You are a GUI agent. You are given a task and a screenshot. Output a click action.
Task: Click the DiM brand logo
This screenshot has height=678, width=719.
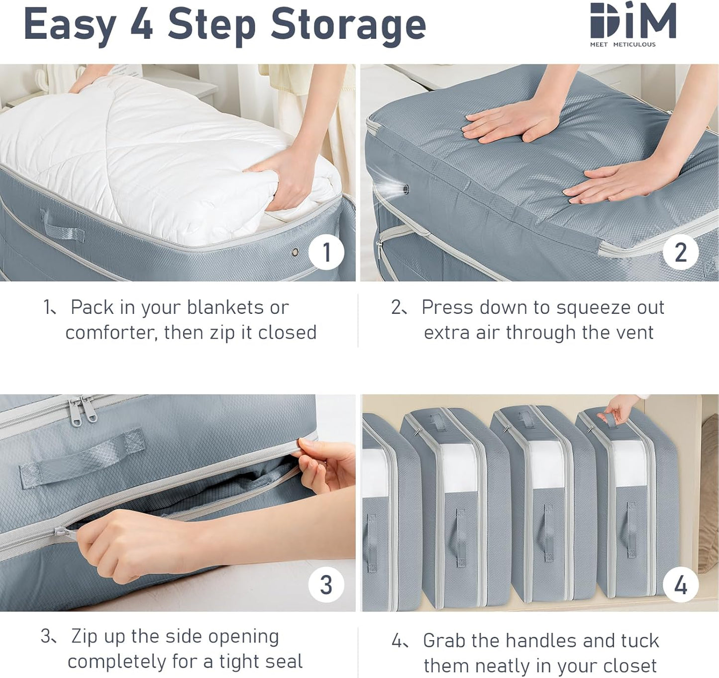click(632, 21)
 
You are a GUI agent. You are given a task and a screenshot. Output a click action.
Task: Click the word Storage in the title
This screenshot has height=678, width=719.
click(348, 25)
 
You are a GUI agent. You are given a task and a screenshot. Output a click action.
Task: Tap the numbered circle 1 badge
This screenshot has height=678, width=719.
click(326, 252)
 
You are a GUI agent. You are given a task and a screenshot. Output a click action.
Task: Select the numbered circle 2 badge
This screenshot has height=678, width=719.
click(680, 252)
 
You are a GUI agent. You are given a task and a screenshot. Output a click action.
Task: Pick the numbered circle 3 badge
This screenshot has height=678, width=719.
click(326, 584)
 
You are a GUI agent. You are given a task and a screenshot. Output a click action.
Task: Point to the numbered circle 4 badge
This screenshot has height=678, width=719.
click(680, 584)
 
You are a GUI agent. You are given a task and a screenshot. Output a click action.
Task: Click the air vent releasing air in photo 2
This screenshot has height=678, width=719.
click(406, 189)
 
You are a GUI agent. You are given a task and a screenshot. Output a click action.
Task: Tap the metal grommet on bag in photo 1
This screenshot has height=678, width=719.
click(295, 252)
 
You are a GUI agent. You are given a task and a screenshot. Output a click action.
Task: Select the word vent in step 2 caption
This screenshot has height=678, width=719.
click(634, 332)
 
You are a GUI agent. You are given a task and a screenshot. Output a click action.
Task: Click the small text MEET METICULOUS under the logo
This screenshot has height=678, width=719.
click(622, 44)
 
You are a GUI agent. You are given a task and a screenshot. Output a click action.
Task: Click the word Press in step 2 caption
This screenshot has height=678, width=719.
click(447, 307)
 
